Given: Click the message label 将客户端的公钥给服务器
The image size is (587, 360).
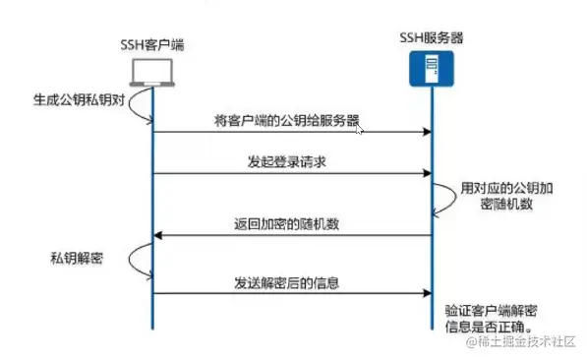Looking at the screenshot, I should point(286,121).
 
